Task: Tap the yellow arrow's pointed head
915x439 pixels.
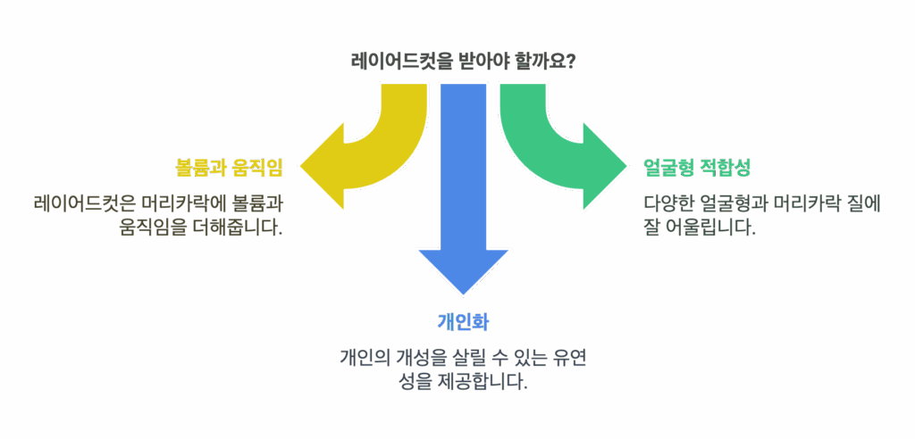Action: (301, 168)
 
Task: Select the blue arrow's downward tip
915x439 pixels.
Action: (464, 294)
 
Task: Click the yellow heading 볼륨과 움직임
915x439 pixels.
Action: (229, 168)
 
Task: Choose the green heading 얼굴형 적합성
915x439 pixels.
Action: (696, 168)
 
